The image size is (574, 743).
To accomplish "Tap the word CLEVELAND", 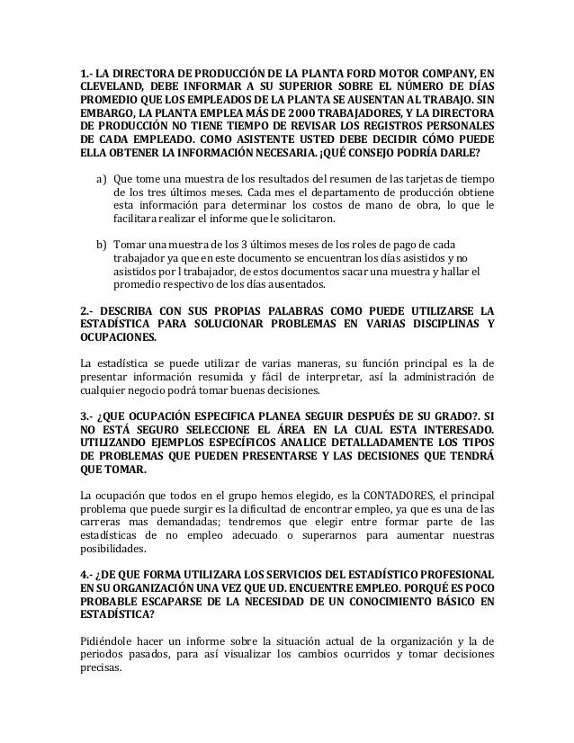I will click(x=112, y=87).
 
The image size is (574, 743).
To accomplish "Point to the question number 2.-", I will click(x=88, y=309).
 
